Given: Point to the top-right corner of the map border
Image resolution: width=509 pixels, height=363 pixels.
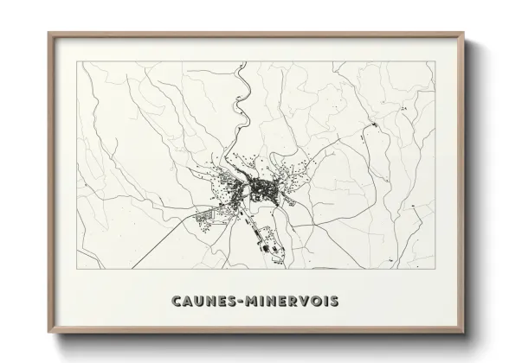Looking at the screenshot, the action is click(x=432, y=62).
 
